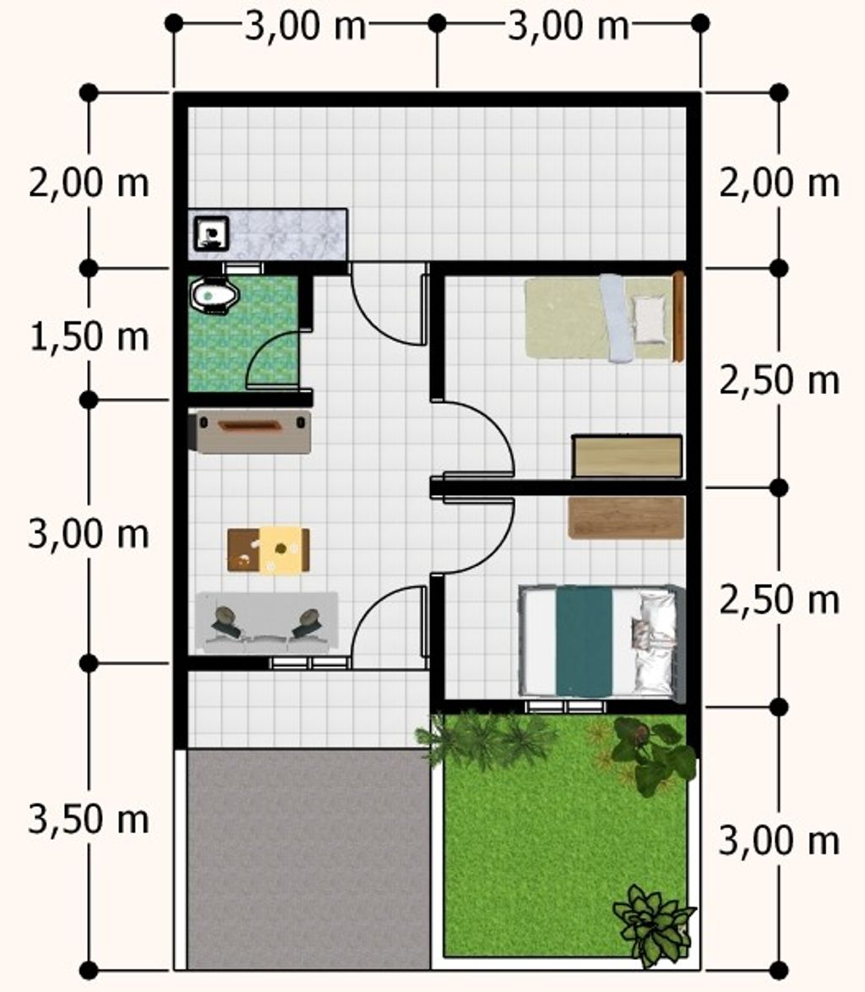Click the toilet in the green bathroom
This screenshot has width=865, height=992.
pyautogui.click(x=215, y=295)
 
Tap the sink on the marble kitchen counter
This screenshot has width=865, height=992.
pyautogui.click(x=211, y=233)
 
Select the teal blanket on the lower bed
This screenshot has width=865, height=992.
pyautogui.click(x=585, y=640)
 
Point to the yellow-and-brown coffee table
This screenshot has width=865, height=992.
pyautogui.click(x=269, y=550)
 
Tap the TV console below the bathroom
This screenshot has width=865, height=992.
pyautogui.click(x=253, y=432)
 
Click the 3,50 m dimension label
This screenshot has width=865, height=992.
pyautogui.click(x=90, y=820)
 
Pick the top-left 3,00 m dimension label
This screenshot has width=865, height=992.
pyautogui.click(x=306, y=26)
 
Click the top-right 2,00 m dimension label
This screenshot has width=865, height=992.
pyautogui.click(x=780, y=183)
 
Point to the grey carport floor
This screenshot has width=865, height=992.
pyautogui.click(x=308, y=858)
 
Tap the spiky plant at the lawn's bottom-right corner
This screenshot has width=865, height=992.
pyautogui.click(x=653, y=924)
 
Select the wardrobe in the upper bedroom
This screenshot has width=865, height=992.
pyautogui.click(x=627, y=455)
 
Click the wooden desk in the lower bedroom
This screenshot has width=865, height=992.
pyautogui.click(x=626, y=517)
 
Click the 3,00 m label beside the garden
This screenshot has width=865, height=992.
pyautogui.click(x=780, y=841)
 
